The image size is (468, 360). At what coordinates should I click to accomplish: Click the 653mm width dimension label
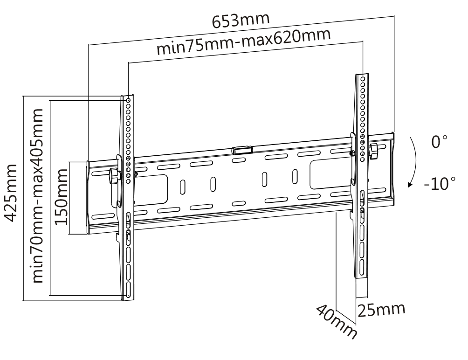click(241, 20)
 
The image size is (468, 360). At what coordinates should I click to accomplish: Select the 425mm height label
click(12, 193)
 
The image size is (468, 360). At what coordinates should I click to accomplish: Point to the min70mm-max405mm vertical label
click(38, 195)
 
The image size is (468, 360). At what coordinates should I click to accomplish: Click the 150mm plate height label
click(62, 197)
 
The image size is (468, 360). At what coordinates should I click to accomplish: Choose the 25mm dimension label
click(381, 310)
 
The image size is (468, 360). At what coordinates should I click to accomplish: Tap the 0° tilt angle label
click(440, 141)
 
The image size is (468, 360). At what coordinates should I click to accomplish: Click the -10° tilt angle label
click(440, 183)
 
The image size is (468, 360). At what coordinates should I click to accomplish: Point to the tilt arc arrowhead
click(410, 185)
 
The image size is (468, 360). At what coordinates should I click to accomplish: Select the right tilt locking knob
click(374, 151)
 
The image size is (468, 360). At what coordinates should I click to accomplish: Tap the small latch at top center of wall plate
click(242, 149)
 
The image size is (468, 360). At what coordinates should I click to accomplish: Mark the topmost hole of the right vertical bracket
click(363, 79)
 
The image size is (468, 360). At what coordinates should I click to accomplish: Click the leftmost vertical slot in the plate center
click(182, 187)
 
